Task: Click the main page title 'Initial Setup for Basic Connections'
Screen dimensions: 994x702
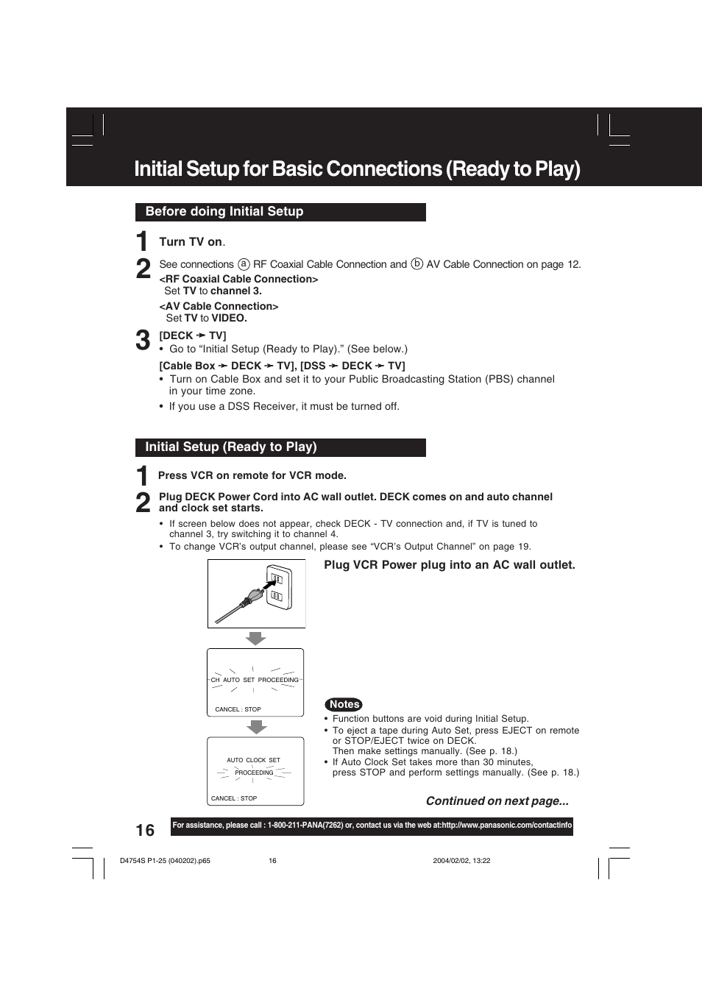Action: (x=357, y=169)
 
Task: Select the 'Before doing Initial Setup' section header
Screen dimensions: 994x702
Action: (x=224, y=212)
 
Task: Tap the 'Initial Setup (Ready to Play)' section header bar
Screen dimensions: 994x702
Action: (x=231, y=447)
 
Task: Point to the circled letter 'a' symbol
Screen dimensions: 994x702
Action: (x=244, y=264)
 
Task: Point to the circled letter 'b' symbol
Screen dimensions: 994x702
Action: (x=416, y=264)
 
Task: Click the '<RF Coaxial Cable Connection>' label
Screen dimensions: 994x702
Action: (x=238, y=279)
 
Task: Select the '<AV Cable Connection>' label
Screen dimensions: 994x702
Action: (x=219, y=306)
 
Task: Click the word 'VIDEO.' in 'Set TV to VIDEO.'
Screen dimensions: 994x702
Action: (x=229, y=318)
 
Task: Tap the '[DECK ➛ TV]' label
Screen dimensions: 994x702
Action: (x=193, y=336)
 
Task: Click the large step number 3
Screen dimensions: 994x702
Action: (x=143, y=341)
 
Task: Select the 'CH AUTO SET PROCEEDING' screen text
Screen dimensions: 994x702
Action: (x=255, y=680)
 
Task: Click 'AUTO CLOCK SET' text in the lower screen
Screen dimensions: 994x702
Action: (x=253, y=760)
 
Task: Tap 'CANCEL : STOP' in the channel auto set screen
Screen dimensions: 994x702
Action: (x=238, y=709)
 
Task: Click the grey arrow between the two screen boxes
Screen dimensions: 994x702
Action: (x=255, y=727)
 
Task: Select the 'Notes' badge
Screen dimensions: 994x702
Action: (x=344, y=704)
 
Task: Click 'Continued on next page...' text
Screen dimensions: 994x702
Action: (x=497, y=801)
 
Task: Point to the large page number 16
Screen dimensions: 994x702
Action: (x=145, y=830)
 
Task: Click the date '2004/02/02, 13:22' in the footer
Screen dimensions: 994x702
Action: (x=461, y=861)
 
